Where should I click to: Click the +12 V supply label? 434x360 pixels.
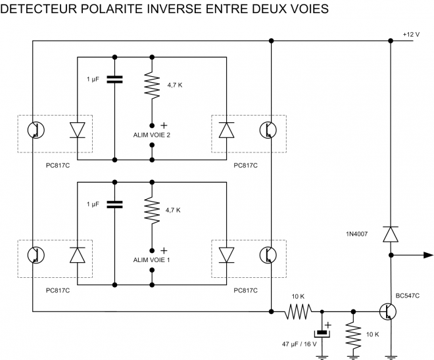point(410,34)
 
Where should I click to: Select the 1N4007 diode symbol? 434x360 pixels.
point(391,233)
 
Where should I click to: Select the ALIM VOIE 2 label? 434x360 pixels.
point(152,135)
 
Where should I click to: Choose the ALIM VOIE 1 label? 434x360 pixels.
point(152,259)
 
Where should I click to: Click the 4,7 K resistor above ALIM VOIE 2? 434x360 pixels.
point(152,85)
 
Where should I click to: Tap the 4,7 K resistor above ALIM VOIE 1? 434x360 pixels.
point(152,210)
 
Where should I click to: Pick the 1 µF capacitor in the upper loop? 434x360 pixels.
point(114,79)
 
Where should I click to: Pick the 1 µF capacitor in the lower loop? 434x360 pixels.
point(114,204)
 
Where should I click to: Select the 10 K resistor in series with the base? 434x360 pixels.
point(298,311)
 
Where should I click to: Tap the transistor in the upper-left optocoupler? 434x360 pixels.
point(36,130)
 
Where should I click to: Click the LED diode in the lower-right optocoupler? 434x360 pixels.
point(228,254)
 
